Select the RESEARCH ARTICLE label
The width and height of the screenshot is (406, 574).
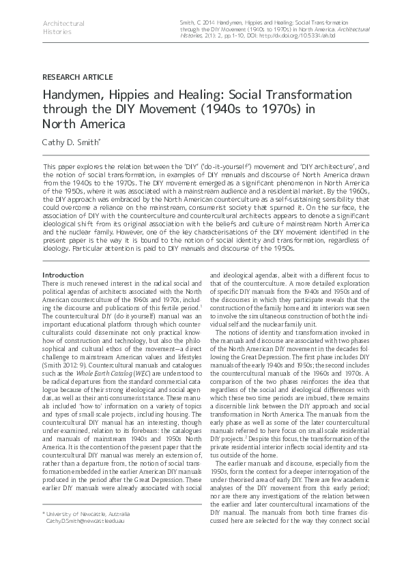(77, 77)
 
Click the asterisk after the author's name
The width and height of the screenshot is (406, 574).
(101, 141)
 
